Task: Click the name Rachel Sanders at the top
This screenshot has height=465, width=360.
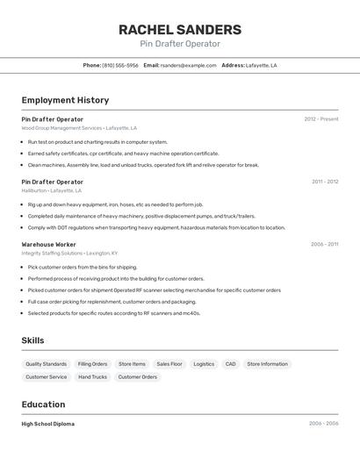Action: [180, 30]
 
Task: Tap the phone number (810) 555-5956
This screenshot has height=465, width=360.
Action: [120, 65]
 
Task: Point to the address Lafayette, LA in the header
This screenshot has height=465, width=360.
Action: [261, 65]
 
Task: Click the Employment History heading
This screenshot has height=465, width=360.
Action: [65, 100]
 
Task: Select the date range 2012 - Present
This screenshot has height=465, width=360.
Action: [320, 119]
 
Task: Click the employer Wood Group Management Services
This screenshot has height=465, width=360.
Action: [61, 128]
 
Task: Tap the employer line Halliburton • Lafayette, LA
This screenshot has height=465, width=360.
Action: [51, 190]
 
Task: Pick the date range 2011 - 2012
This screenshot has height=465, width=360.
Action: [324, 182]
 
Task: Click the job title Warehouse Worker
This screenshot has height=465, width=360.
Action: [48, 244]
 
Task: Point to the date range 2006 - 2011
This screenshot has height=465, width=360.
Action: [324, 244]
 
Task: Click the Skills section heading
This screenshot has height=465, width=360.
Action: [32, 340]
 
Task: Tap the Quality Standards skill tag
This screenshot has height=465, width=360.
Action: [46, 364]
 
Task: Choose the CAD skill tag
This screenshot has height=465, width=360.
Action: [230, 364]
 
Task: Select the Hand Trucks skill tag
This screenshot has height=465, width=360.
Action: [92, 377]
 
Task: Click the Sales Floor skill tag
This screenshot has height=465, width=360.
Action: [169, 364]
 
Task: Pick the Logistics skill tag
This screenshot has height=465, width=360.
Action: [204, 364]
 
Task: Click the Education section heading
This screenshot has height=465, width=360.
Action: [43, 404]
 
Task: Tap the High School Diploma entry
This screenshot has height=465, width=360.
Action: [47, 424]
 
